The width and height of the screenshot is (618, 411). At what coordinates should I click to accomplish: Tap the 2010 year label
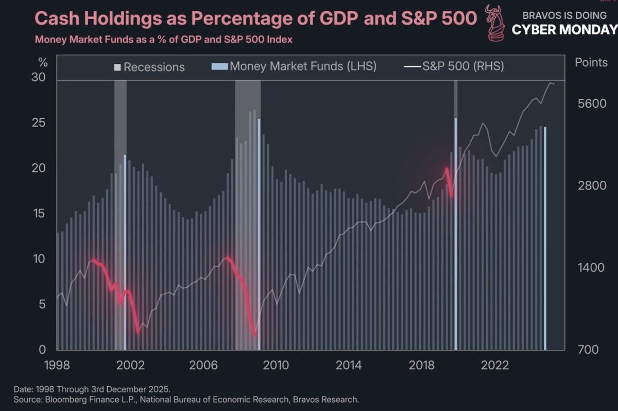276,366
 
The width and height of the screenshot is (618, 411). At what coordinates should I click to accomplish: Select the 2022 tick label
495,366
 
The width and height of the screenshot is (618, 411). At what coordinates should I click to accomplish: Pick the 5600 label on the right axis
590,104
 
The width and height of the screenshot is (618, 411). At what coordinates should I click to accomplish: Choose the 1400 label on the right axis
590,268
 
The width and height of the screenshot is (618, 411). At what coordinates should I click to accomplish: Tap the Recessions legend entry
149,67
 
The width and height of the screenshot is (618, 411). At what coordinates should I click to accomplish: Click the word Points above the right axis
591,63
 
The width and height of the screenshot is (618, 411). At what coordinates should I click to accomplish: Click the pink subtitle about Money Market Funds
163,39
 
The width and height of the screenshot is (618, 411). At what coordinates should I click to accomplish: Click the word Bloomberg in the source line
64,399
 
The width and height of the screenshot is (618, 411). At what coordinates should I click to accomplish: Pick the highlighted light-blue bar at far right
545,237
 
